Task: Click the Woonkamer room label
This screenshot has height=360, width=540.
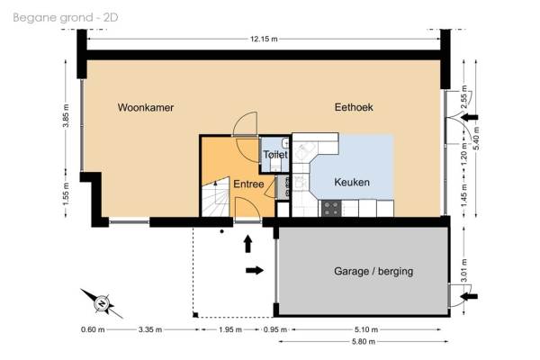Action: coord(146,107)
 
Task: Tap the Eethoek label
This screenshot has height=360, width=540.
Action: coord(354,107)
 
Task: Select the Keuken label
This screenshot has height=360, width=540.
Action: coord(352,182)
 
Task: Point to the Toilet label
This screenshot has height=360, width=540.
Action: coord(275,155)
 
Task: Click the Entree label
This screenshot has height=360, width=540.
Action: coord(248,184)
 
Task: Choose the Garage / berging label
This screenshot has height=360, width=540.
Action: coord(373,272)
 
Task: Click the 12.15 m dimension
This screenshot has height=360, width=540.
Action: coord(264,39)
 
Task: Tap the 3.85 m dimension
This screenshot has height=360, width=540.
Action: coord(66,115)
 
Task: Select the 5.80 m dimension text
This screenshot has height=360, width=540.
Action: coord(364,342)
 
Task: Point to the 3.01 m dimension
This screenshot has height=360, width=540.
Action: coord(463,270)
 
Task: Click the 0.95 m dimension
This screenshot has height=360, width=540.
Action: coord(275,329)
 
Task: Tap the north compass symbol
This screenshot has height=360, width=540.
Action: coord(102,303)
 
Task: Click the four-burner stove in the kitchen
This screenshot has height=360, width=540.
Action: coord(331,209)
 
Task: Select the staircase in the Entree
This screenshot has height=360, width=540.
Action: coord(216,197)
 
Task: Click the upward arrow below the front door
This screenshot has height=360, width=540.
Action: coord(248,244)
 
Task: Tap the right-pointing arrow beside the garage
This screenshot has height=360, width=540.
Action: coord(255,270)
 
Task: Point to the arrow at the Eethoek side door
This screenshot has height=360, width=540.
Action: coord(470,118)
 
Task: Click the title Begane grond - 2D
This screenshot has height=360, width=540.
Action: coord(66,18)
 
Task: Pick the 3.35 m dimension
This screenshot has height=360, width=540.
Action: coord(150,329)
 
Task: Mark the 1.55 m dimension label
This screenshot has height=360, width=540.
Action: coord(66,194)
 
